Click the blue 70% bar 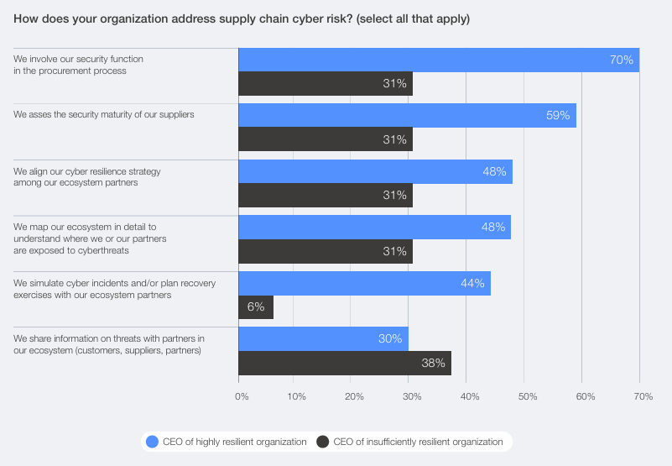439,60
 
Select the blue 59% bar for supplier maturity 407,115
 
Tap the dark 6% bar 256,307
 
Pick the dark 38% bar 345,363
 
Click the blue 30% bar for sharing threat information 323,338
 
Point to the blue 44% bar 364,283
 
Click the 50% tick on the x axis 525,395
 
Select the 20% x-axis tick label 354,395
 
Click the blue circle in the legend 152,442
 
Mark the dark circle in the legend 323,442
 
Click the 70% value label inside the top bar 621,60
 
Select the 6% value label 256,307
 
